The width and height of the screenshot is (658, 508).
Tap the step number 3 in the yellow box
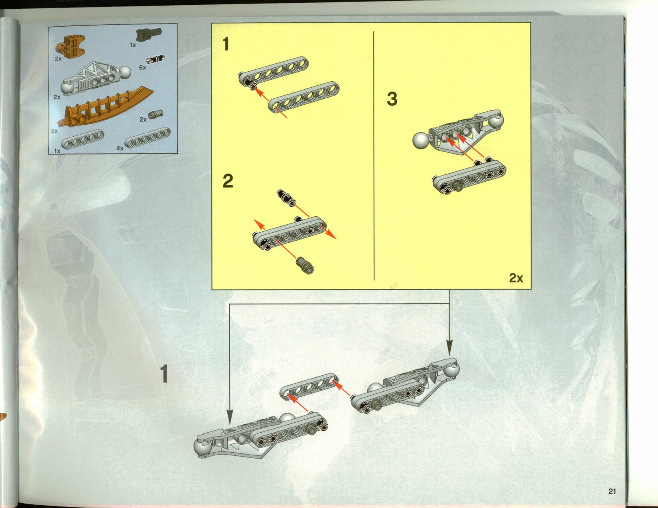[392, 99]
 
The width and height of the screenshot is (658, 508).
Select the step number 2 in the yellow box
[228, 181]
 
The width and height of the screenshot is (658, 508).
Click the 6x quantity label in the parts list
[142, 67]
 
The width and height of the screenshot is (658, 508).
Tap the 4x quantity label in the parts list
[120, 148]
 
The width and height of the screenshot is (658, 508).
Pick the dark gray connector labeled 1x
[149, 34]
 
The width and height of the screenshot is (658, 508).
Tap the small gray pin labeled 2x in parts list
[156, 114]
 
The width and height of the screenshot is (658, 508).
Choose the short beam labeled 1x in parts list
[83, 139]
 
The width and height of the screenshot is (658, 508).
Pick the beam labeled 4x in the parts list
[148, 138]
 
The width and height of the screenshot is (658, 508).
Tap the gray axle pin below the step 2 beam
[305, 265]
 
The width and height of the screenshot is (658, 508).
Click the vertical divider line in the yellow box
[374, 155]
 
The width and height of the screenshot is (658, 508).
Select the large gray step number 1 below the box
[164, 373]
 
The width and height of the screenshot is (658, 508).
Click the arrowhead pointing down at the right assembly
[449, 347]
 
